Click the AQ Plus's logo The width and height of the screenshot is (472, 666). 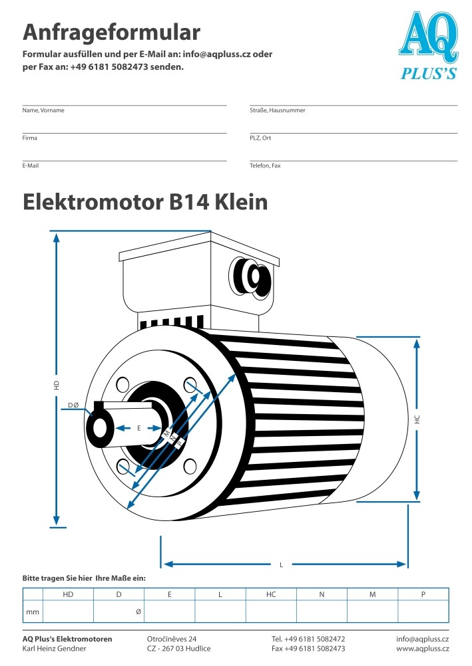[x=429, y=45]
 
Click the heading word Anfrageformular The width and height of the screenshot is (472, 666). [x=111, y=33]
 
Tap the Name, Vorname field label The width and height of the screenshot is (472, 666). [x=43, y=110]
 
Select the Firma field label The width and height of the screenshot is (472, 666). [x=30, y=138]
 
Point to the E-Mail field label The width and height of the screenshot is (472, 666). [x=31, y=166]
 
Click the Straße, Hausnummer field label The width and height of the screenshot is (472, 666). [x=278, y=110]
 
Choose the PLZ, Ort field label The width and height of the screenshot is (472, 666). [x=260, y=138]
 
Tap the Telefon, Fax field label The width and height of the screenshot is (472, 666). [x=265, y=166]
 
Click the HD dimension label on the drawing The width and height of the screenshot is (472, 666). [x=57, y=386]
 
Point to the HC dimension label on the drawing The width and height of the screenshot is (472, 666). [x=417, y=419]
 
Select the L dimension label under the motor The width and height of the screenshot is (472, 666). [x=282, y=565]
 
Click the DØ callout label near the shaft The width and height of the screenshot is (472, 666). [x=74, y=405]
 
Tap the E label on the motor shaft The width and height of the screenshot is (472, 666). [x=138, y=428]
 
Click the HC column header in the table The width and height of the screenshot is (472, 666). [x=271, y=595]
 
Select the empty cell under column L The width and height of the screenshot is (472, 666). [x=220, y=611]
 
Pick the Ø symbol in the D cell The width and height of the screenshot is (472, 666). [x=138, y=612]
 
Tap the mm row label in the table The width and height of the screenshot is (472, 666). [x=33, y=612]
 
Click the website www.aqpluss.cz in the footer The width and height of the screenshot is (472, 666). [x=423, y=649]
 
